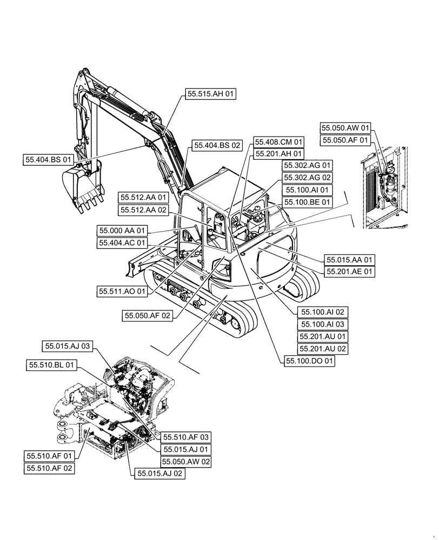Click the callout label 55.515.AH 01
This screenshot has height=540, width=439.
tap(211, 94)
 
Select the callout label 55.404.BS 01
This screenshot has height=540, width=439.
tap(48, 160)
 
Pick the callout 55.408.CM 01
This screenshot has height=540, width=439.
tap(280, 142)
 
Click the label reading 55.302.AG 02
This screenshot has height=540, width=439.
tap(307, 178)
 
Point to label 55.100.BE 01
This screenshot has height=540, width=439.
tap(307, 202)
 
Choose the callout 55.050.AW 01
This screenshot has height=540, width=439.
tap(346, 128)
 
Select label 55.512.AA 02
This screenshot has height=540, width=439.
tap(144, 210)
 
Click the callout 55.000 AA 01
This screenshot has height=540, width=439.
tap(122, 231)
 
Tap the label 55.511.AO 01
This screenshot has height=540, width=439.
tap(122, 291)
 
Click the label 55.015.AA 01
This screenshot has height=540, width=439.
tap(349, 260)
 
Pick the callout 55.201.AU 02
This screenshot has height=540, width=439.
tap(323, 349)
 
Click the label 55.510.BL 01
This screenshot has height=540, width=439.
tap(51, 366)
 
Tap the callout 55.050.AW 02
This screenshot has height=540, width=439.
tap(186, 462)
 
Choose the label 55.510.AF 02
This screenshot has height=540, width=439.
tap(49, 469)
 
